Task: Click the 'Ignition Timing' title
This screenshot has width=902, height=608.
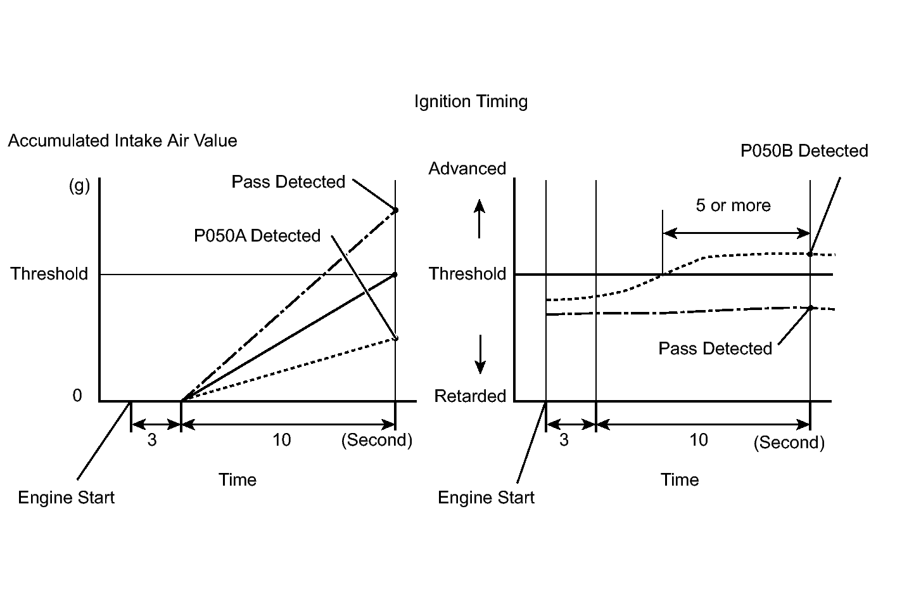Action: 471,101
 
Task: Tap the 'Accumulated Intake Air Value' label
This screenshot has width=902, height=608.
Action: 122,141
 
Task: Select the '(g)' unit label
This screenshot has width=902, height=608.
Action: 79,186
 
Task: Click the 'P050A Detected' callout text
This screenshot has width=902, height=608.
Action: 257,236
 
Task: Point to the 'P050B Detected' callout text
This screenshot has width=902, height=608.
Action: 804,151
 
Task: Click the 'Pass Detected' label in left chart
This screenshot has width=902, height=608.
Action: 288,182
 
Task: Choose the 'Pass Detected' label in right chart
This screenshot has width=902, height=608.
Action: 715,349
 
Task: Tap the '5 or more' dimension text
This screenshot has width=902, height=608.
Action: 733,205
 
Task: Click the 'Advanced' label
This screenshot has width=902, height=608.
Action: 467,169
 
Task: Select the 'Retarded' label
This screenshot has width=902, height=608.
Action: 470,396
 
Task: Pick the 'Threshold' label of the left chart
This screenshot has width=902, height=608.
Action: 49,274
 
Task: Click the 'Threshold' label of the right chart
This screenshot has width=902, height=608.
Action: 467,274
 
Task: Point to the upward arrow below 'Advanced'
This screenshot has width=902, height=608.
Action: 480,219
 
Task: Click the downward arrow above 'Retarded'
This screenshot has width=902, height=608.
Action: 480,354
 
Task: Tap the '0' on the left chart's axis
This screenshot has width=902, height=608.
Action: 77,396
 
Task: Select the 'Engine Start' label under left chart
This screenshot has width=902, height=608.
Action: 67,497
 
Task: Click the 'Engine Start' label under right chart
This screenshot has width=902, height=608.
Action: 486,497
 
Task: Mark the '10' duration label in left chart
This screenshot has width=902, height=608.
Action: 281,440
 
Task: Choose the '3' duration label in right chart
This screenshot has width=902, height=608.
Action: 564,440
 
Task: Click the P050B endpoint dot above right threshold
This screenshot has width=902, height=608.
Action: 810,254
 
